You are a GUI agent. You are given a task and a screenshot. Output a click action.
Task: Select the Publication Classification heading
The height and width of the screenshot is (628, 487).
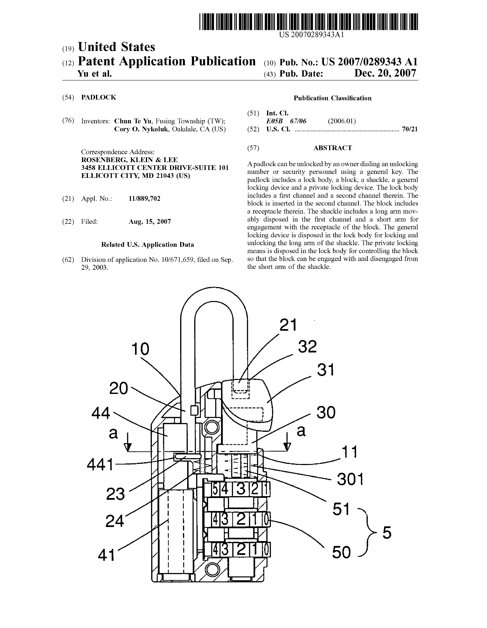tap(332, 98)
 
